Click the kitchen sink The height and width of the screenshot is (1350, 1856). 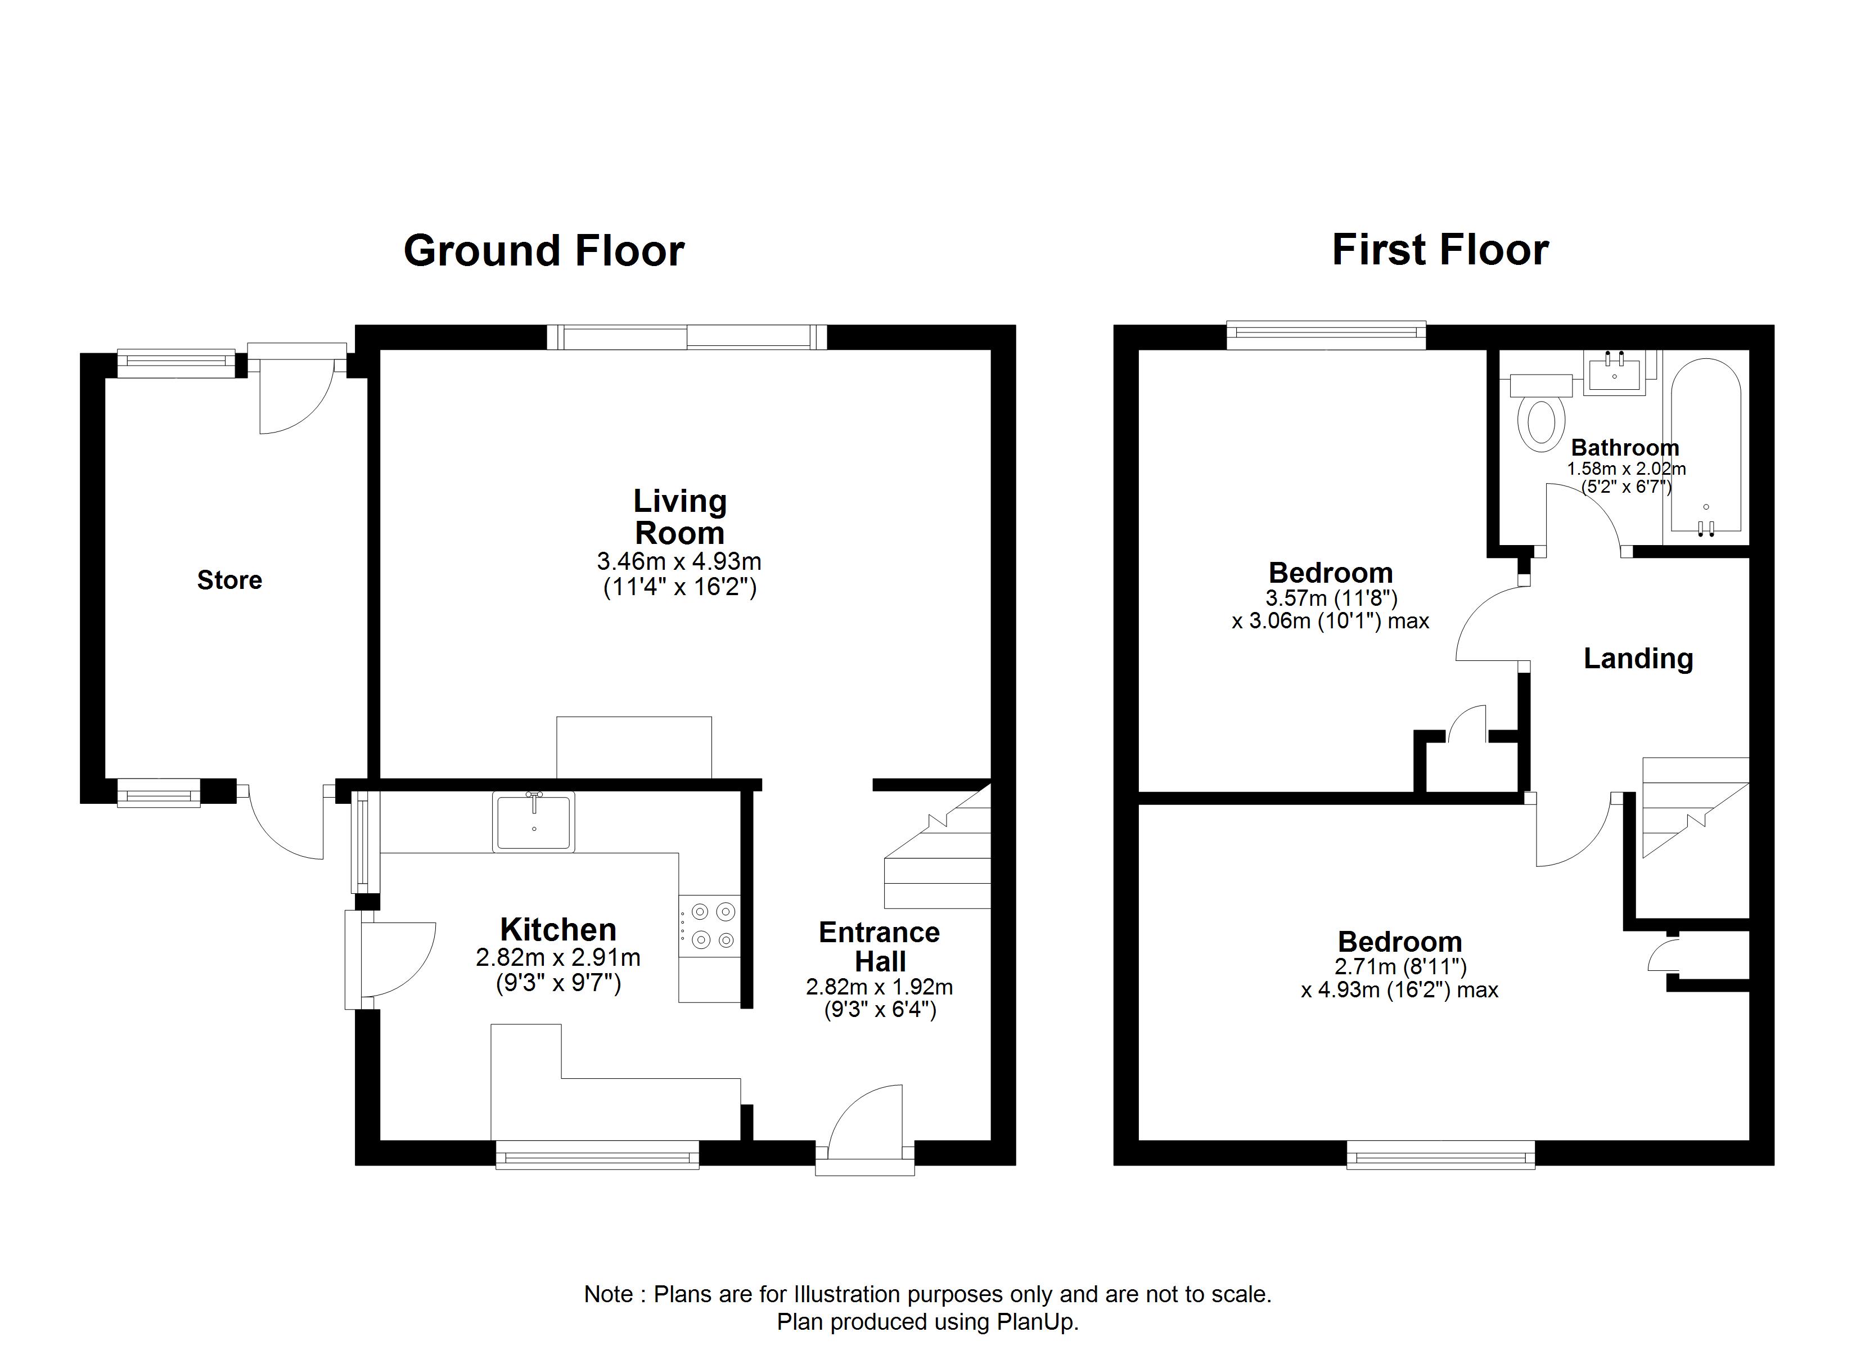pyautogui.click(x=534, y=821)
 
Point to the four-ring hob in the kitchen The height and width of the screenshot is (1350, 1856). pyautogui.click(x=710, y=926)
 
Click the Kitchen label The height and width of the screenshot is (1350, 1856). pyautogui.click(x=558, y=930)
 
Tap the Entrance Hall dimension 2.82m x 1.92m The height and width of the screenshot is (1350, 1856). pyautogui.click(x=879, y=987)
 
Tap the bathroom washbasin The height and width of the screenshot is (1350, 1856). pyautogui.click(x=1614, y=373)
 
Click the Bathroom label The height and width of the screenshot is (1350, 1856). pyautogui.click(x=1625, y=448)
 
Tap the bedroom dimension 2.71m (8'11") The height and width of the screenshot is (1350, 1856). pyautogui.click(x=1400, y=967)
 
